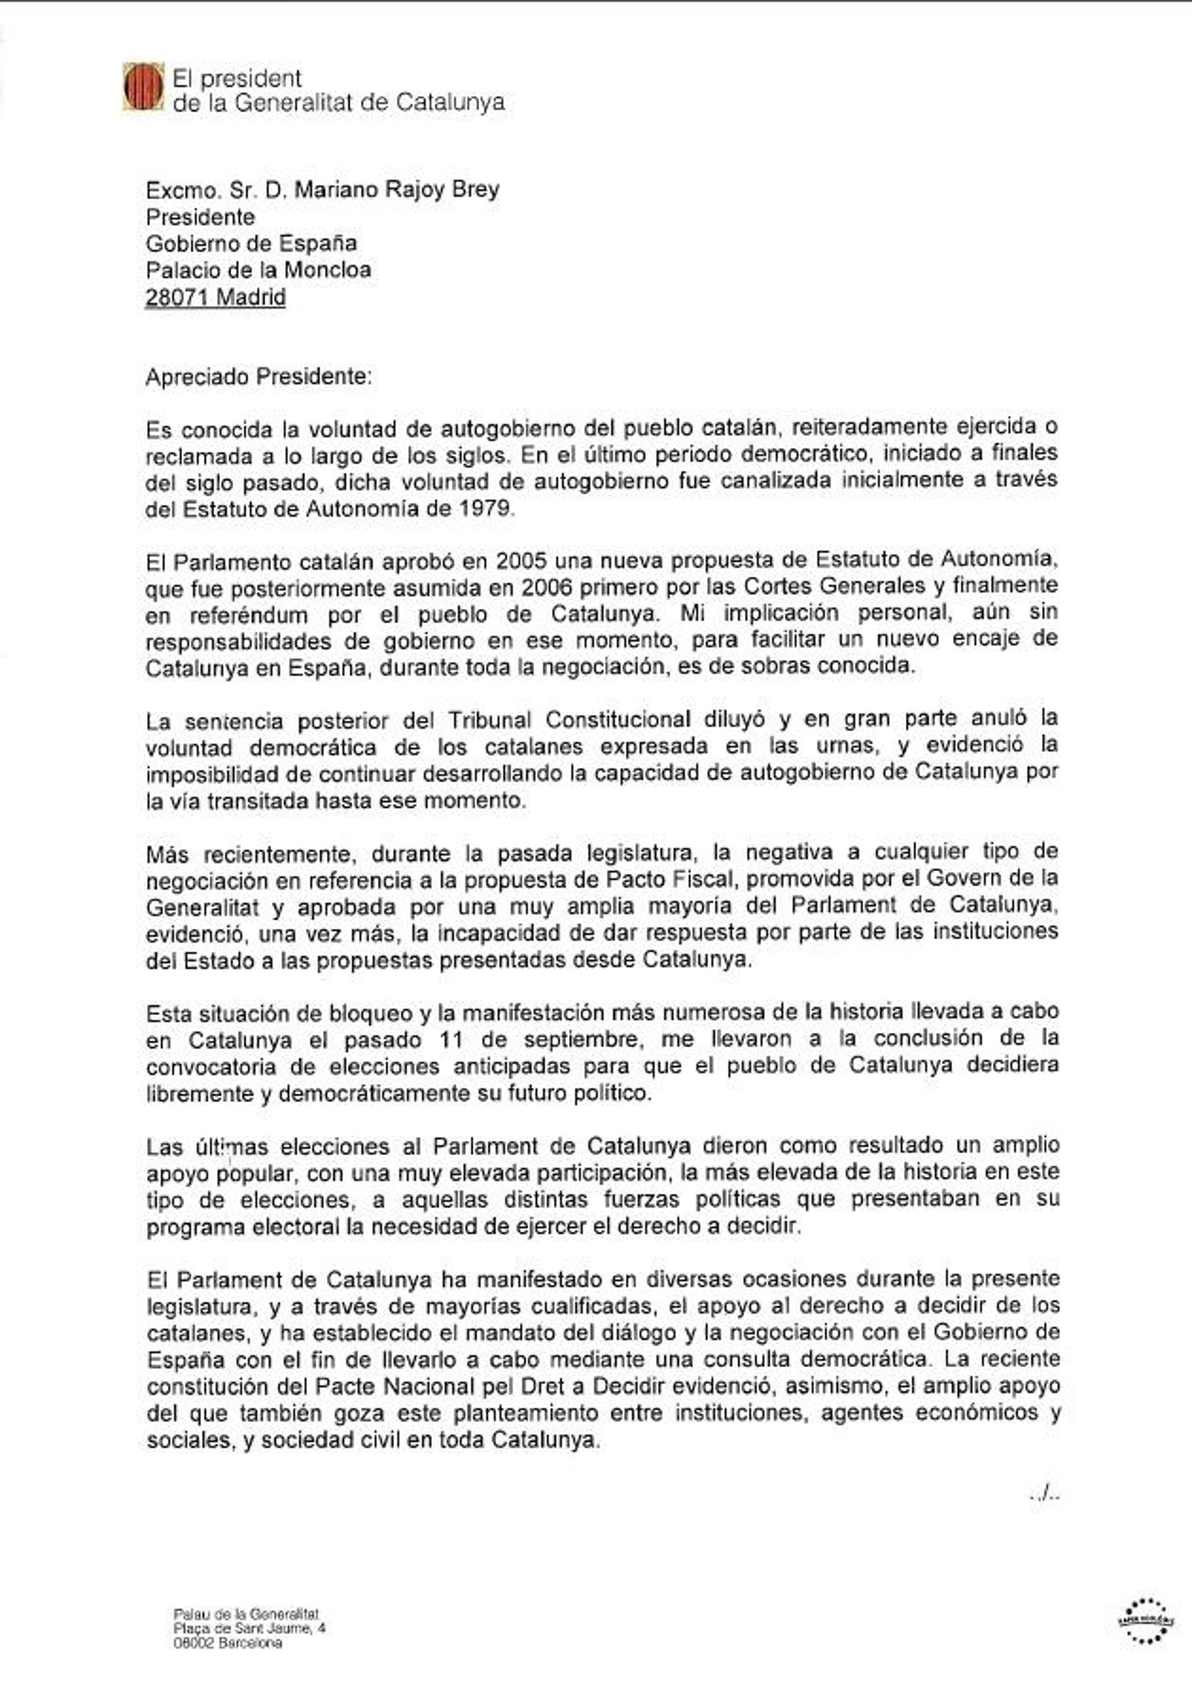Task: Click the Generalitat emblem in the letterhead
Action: tap(143, 87)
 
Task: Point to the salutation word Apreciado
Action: tap(197, 377)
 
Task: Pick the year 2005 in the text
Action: tap(521, 561)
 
